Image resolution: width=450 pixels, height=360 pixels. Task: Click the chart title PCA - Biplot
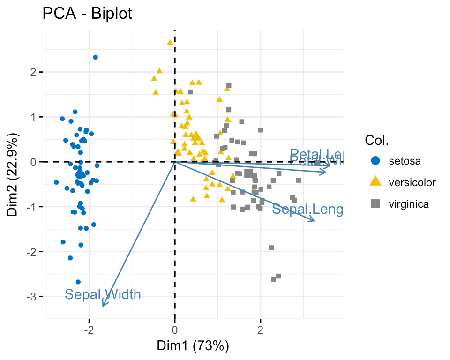(x=87, y=14)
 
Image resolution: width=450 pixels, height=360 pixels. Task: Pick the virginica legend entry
(x=408, y=204)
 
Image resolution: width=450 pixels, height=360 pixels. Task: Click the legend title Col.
(x=377, y=140)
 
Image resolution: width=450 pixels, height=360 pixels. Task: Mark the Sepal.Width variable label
(x=103, y=294)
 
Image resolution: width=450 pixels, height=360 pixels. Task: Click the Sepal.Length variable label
(x=307, y=209)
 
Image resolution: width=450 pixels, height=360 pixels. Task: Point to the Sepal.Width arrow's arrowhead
(x=103, y=305)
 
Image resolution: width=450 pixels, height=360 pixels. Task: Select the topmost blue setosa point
(x=95, y=57)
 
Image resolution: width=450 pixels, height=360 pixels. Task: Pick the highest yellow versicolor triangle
(x=170, y=43)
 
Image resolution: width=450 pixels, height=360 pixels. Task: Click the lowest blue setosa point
(x=78, y=282)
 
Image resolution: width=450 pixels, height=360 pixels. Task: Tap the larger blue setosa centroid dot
(x=80, y=174)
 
